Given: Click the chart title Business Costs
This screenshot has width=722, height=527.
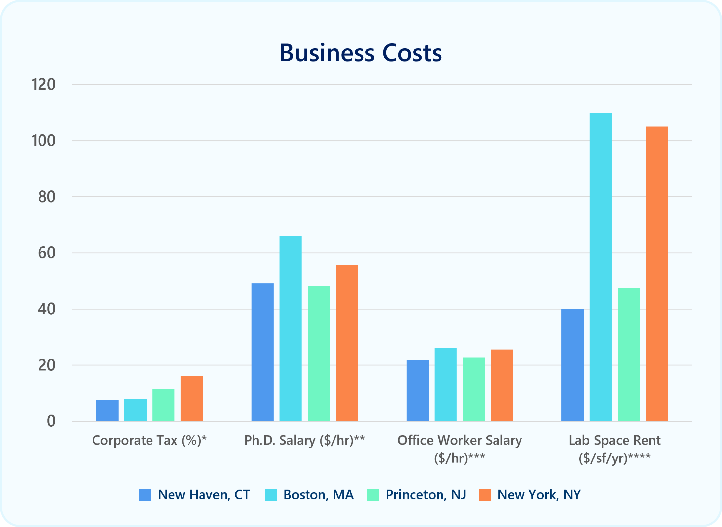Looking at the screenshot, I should tap(361, 53).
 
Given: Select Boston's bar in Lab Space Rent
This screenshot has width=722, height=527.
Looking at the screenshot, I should tap(601, 267).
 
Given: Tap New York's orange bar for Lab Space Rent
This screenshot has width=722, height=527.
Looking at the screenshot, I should tap(657, 273).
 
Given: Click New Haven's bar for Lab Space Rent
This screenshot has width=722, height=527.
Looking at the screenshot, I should tap(573, 365).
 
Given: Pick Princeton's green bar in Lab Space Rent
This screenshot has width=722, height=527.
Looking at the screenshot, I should tap(629, 354).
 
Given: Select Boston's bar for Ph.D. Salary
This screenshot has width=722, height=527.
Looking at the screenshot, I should tap(290, 328).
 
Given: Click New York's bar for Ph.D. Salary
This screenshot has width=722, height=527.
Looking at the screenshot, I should tap(347, 343).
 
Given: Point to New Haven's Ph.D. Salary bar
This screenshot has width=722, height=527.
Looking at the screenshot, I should tap(262, 352).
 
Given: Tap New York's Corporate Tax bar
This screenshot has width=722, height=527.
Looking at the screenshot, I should tap(192, 398).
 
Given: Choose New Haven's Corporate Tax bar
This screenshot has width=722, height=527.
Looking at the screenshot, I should tap(107, 410).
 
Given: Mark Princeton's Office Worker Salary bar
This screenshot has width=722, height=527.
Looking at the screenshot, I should tap(473, 389).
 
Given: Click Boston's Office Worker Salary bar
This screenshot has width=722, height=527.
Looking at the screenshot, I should tap(445, 384).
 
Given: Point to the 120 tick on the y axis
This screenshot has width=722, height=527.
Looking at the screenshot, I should tap(43, 84).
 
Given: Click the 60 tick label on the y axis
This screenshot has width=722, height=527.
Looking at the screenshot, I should tap(46, 253).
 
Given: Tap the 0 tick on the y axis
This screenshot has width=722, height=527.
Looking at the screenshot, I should tap(51, 421).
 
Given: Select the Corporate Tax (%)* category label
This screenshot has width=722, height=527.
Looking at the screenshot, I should tap(149, 440).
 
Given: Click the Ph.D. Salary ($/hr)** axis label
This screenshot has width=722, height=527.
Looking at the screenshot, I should tap(305, 440).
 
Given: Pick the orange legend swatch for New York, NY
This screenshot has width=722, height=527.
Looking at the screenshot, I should tap(485, 495).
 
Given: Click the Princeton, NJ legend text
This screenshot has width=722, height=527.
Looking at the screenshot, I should tap(426, 495).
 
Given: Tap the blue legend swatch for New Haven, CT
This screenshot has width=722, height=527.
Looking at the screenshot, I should tap(145, 495).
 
